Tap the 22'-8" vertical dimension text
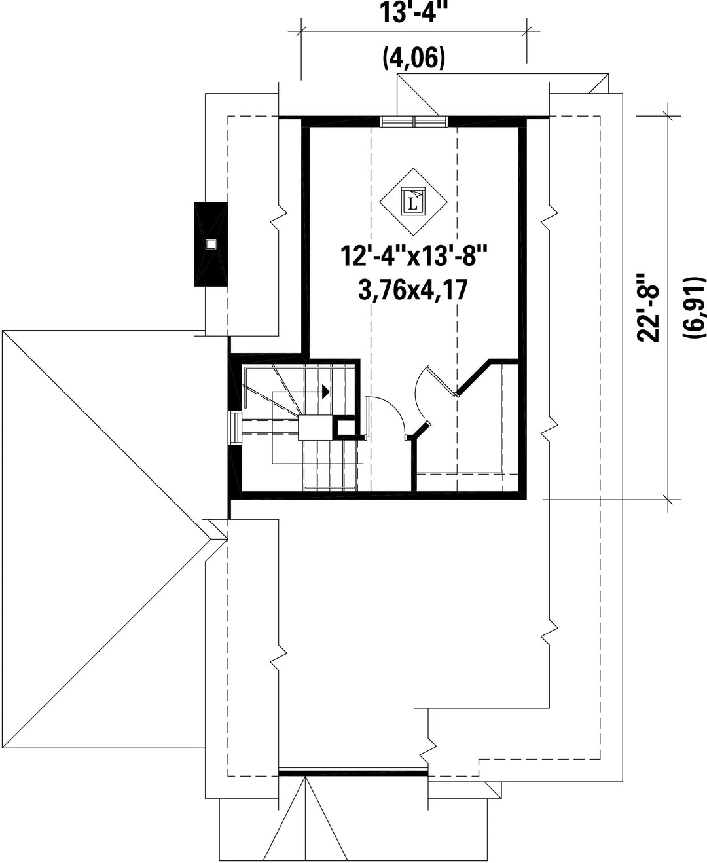[x=648, y=307]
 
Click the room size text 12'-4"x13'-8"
[x=414, y=256]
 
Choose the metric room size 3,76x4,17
[x=413, y=290]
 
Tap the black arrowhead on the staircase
[x=326, y=392]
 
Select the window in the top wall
[x=414, y=122]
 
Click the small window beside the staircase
[x=236, y=428]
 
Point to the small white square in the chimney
[x=210, y=244]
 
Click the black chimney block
[x=211, y=244]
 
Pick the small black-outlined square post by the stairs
[x=344, y=427]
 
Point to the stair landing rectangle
[x=315, y=428]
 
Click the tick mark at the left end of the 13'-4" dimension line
[x=302, y=31]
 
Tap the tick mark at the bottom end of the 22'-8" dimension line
[x=669, y=500]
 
